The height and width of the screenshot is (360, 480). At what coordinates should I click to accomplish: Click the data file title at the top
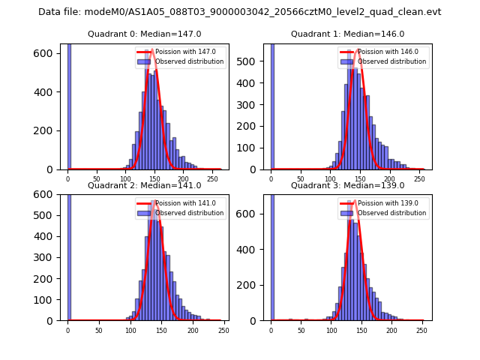tap(240, 12)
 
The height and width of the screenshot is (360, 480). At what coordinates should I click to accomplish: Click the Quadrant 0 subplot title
tap(144, 34)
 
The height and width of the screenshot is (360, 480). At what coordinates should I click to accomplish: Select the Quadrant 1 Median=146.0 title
tap(347, 34)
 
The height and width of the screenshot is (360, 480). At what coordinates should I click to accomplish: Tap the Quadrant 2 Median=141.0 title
tap(144, 185)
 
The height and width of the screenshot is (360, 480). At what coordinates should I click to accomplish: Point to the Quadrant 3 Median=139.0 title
tap(347, 185)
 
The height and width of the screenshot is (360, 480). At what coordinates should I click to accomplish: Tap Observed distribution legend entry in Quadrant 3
tap(391, 213)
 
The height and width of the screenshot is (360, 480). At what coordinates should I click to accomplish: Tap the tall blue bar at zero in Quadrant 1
tap(271, 105)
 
